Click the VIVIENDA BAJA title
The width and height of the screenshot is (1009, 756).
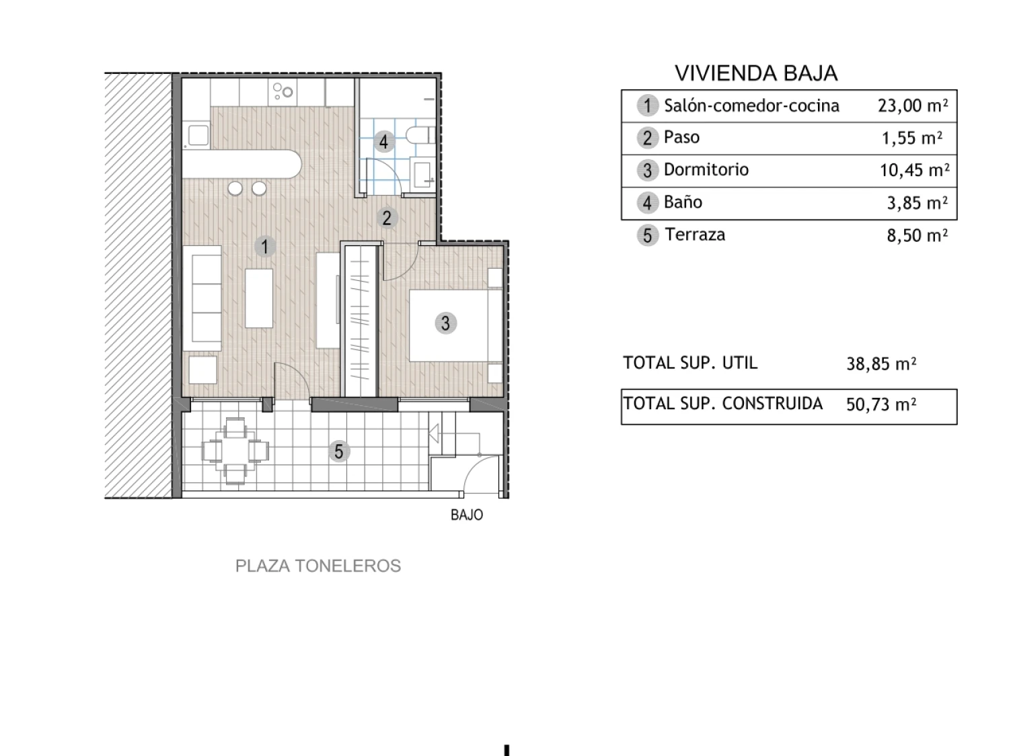[755, 73]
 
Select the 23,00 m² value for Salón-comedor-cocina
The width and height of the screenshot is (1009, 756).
[912, 106]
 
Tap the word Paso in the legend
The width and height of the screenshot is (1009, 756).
[681, 137]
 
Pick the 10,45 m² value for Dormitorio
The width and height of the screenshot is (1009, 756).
[914, 170]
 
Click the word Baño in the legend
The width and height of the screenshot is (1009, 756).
[683, 202]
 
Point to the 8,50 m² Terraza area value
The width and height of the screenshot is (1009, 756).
[917, 235]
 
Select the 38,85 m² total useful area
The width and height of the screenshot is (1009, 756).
[881, 364]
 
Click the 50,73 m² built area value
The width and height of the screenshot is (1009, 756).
[881, 405]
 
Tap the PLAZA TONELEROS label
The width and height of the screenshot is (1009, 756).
[318, 566]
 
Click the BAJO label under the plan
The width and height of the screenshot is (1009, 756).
[467, 515]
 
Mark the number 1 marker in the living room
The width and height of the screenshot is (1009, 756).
[265, 247]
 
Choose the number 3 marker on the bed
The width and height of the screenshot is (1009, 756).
[445, 323]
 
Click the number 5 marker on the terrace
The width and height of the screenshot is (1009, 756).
[339, 452]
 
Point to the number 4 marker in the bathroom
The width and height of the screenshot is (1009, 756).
[384, 142]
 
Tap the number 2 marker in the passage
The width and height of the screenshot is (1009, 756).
[387, 218]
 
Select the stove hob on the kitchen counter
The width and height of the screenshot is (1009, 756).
[283, 91]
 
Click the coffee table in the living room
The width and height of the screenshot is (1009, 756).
[259, 298]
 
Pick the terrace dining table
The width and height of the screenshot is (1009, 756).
[235, 451]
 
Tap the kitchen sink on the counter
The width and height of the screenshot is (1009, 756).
[198, 136]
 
